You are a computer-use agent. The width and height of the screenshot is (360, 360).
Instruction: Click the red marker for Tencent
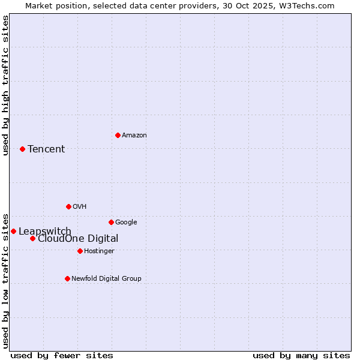tap(22, 149)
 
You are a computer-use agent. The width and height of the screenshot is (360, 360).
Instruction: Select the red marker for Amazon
tap(118, 135)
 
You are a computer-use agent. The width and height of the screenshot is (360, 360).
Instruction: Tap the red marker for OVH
tap(68, 206)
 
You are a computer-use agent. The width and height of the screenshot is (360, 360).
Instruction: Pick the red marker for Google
tap(111, 222)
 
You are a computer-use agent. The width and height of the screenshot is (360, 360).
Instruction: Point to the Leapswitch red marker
tap(13, 231)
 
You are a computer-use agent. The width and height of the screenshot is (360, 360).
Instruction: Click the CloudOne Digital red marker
tap(32, 238)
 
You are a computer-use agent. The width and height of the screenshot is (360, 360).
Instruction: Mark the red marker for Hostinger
tap(80, 251)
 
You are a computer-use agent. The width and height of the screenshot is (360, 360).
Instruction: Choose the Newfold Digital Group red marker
tap(67, 278)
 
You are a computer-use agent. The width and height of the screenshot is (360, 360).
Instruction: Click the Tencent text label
tap(46, 149)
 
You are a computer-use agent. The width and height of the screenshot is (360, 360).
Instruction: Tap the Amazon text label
tap(134, 135)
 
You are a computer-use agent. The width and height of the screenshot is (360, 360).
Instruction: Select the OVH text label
tap(80, 206)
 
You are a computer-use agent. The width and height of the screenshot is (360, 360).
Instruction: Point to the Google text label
tap(126, 222)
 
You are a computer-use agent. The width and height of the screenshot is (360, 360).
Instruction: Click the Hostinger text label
tap(99, 251)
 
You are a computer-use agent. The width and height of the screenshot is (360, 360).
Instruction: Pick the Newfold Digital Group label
tap(106, 278)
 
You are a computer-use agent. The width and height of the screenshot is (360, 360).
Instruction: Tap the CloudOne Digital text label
tap(78, 238)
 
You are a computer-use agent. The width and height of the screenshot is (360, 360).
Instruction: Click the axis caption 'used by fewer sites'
tap(62, 355)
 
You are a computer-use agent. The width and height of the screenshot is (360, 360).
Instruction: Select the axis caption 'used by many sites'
tap(301, 355)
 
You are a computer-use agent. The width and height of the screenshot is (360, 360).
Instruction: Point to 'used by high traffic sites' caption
tap(5, 85)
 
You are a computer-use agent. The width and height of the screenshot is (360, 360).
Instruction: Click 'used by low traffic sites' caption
tap(5, 280)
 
